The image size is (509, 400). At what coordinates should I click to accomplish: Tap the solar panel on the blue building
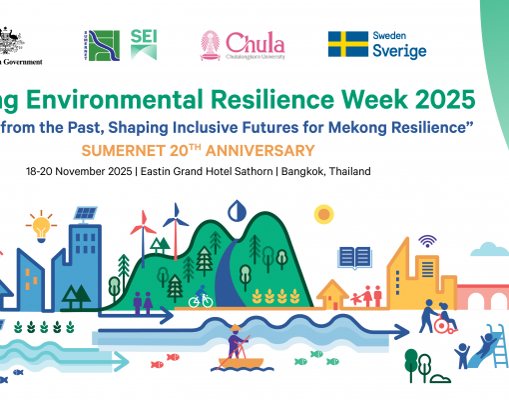coord(84,214)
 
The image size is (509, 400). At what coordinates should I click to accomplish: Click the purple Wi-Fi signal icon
coord(427,241)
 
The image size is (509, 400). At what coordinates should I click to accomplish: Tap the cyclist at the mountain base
coord(201,298)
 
